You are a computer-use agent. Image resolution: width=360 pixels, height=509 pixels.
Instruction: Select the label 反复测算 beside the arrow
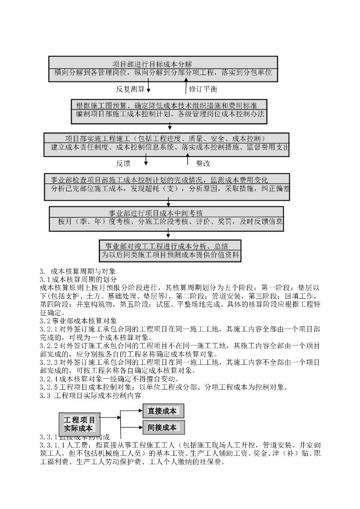(130, 89)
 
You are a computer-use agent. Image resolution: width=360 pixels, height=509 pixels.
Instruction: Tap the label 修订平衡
(203, 89)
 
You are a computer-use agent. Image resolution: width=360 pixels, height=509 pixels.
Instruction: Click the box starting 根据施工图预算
(170, 110)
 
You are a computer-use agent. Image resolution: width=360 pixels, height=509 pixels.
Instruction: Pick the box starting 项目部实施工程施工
(166, 143)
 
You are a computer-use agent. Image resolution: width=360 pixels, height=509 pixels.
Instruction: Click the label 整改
(203, 163)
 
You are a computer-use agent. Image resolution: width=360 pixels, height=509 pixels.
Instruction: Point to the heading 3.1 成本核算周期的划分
(77, 279)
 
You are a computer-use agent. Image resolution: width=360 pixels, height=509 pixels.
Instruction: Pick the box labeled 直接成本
(163, 411)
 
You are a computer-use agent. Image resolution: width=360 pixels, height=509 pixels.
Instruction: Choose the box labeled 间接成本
(163, 427)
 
